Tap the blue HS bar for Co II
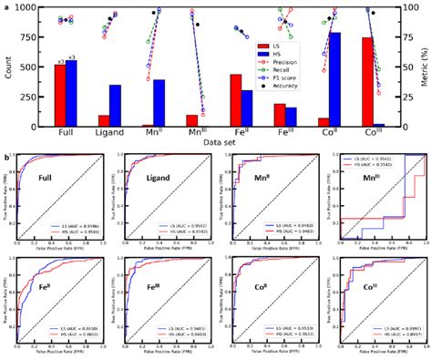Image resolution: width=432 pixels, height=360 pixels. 335,80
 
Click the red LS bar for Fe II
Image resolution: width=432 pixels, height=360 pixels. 235,101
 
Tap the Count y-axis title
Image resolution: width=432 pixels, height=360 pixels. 8,67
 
